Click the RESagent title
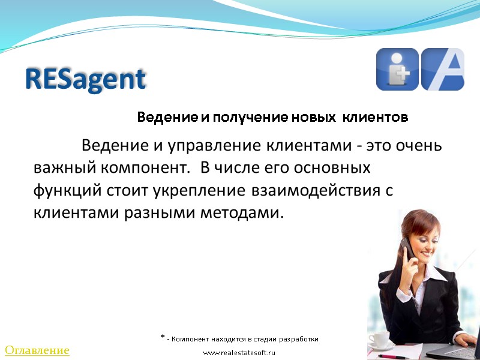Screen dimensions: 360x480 pyautogui.click(x=86, y=79)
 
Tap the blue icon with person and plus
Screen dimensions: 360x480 pyautogui.click(x=397, y=69)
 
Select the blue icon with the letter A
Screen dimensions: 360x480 pyautogui.click(x=443, y=69)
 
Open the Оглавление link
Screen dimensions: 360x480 pyautogui.click(x=37, y=350)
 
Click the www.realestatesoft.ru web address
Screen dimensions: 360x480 pyautogui.click(x=239, y=352)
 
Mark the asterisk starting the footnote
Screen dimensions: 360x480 pyautogui.click(x=163, y=338)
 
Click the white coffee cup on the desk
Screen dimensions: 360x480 pyautogui.click(x=379, y=340)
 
